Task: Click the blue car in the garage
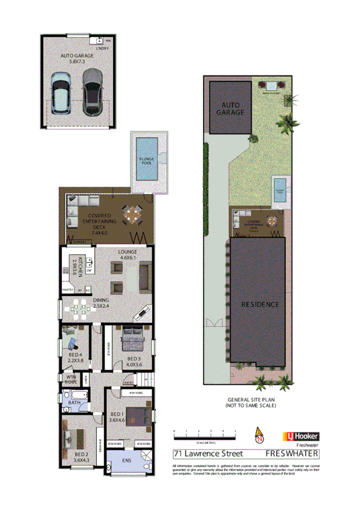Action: click(62, 93)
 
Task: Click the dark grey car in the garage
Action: click(92, 92)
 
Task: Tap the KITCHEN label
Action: click(76, 266)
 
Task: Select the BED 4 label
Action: click(75, 359)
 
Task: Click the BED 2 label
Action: click(82, 457)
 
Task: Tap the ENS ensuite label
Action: click(126, 461)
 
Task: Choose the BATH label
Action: click(75, 402)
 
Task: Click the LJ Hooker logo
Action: click(300, 437)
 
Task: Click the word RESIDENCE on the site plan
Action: click(260, 304)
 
